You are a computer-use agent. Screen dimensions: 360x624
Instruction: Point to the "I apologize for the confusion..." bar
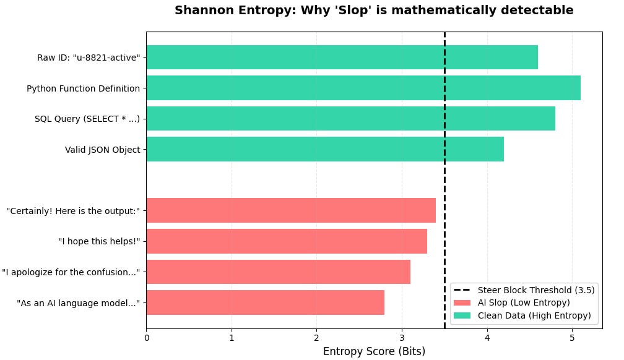pyautogui.click(x=278, y=272)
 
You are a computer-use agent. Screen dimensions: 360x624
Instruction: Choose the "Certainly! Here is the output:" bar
pyautogui.click(x=291, y=210)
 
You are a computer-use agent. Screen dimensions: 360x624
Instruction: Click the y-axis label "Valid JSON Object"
pyautogui.click(x=102, y=150)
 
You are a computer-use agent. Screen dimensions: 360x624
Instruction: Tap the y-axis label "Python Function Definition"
pyautogui.click(x=83, y=88)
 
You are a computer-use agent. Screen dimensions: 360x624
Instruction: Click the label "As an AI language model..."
pyautogui.click(x=78, y=303)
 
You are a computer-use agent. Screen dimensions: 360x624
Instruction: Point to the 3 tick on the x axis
pyautogui.click(x=402, y=338)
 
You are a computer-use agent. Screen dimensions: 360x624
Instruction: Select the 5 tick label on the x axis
pyautogui.click(x=572, y=338)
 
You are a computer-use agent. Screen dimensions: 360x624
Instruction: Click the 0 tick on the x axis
pyautogui.click(x=147, y=338)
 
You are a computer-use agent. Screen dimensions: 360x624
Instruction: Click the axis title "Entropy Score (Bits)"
pyautogui.click(x=374, y=351)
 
